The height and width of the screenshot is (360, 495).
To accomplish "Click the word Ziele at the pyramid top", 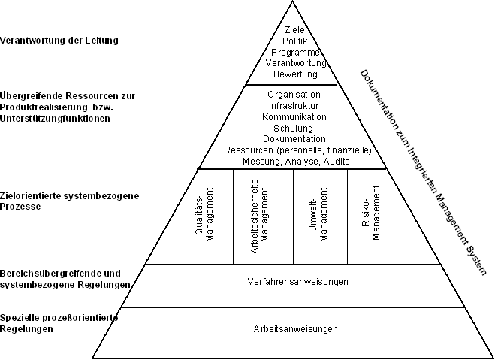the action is click(294, 29).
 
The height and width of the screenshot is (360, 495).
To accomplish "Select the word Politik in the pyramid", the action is click(295, 41).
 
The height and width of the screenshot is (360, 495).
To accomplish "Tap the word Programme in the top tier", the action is click(295, 53).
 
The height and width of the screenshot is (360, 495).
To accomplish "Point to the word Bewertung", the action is click(295, 74).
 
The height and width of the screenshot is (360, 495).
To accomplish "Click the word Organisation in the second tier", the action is click(294, 95).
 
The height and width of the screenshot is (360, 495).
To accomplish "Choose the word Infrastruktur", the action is click(294, 105).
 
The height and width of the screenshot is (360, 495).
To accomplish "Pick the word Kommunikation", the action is click(294, 117).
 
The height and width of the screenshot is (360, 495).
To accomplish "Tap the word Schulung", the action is click(293, 129).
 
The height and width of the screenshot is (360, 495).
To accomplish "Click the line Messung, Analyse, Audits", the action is click(296, 162).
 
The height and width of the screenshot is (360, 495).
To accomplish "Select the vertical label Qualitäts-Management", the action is click(204, 215).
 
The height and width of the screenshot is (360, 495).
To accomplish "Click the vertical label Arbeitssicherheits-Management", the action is click(260, 216).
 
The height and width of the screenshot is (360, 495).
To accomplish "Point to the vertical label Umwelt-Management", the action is click(318, 215).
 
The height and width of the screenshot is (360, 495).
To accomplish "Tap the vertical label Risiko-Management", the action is click(370, 213).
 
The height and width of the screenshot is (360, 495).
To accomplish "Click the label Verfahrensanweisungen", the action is click(297, 281).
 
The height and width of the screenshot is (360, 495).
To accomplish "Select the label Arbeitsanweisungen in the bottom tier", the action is click(295, 329).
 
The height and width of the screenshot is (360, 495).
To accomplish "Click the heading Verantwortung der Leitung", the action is click(59, 41).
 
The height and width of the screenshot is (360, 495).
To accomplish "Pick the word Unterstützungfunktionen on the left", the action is click(55, 119).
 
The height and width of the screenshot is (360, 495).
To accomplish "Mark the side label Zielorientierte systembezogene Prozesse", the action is click(69, 201).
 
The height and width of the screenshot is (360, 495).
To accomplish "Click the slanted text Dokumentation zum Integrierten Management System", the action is click(423, 172).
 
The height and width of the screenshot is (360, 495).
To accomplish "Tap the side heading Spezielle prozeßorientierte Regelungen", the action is click(59, 323).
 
